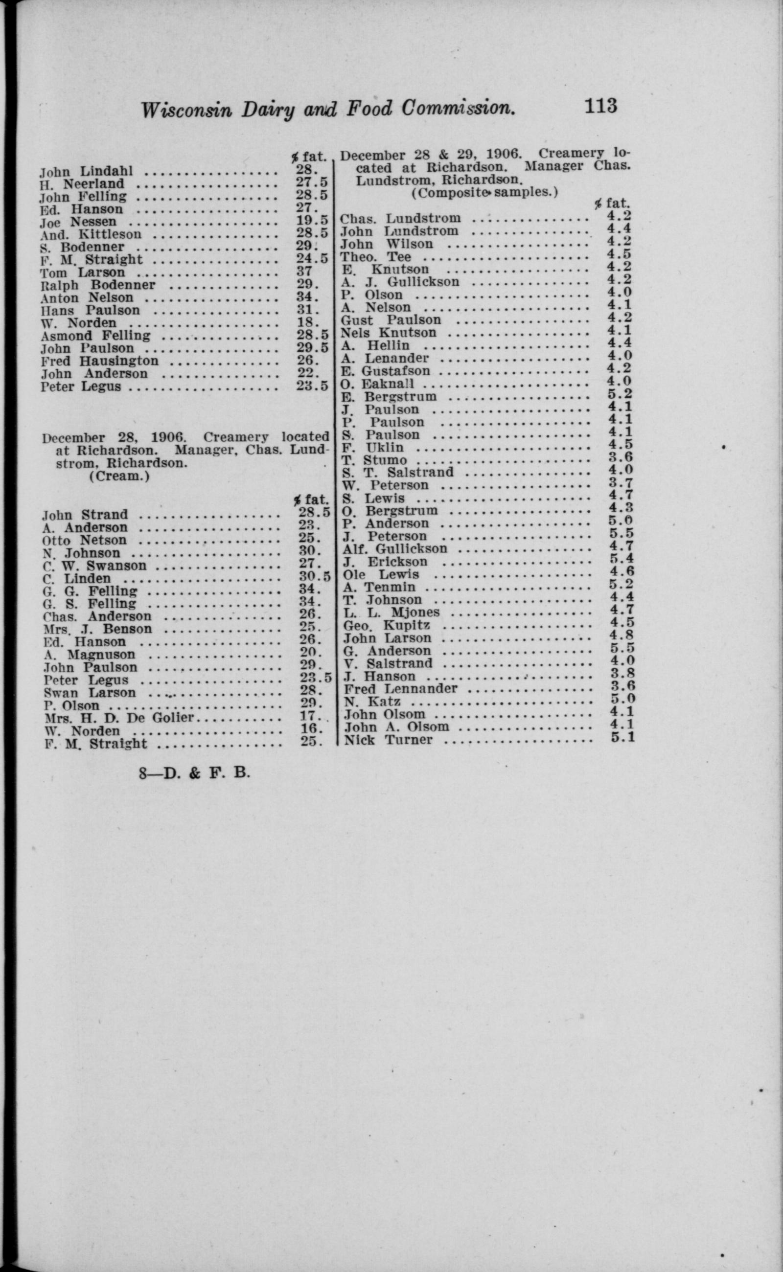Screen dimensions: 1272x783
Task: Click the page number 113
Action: point(601,106)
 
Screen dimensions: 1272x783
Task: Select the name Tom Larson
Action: point(83,273)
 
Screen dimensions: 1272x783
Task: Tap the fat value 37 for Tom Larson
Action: point(304,271)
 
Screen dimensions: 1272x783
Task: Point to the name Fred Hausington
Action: point(100,361)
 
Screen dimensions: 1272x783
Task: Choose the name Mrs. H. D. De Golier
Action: point(119,718)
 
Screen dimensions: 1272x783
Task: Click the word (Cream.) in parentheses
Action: point(119,476)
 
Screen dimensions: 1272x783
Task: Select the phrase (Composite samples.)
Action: point(484,193)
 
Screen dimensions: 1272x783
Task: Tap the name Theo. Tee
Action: point(375,257)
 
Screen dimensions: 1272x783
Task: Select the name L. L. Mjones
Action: point(391,613)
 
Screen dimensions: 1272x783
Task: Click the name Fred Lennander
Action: point(401,688)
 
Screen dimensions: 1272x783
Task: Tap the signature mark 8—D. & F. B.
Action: point(195,773)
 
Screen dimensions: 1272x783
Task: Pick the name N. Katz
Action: point(372,702)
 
